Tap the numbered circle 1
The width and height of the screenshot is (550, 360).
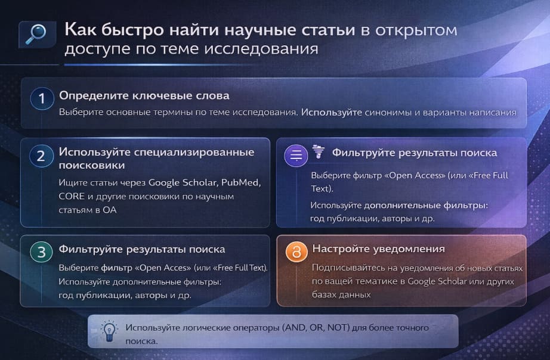pyautogui.click(x=41, y=100)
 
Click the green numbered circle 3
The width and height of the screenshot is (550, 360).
pyautogui.click(x=41, y=252)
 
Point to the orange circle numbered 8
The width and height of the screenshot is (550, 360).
pyautogui.click(x=295, y=253)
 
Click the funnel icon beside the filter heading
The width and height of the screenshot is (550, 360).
pyautogui.click(x=319, y=152)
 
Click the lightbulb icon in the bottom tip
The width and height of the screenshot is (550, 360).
pyautogui.click(x=109, y=331)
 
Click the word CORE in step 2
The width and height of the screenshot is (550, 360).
pyautogui.click(x=72, y=195)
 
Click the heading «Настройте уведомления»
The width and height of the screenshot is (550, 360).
pyautogui.click(x=379, y=249)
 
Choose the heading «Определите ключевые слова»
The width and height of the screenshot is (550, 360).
pyautogui.click(x=144, y=95)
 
